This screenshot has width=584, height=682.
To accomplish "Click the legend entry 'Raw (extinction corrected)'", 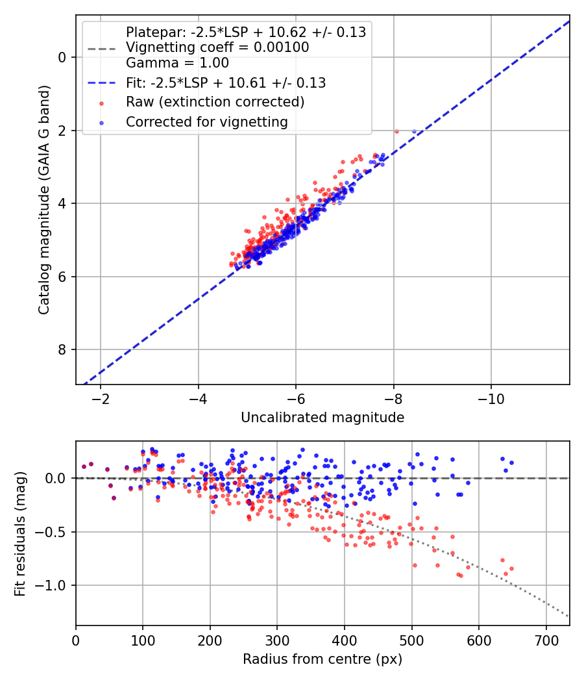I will tap(215, 102).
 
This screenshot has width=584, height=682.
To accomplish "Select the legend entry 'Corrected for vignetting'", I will tap(206, 121).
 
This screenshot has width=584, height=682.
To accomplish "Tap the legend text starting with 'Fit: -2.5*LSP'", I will tap(226, 83).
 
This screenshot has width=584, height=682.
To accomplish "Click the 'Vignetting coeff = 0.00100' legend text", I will tap(217, 47).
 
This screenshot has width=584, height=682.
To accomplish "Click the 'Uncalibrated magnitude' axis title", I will tap(322, 418).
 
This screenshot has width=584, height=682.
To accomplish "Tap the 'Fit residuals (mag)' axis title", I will tap(21, 533).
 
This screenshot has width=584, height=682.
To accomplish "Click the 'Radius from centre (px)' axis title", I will tap(322, 659).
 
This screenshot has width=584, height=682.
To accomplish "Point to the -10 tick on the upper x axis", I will tap(491, 398).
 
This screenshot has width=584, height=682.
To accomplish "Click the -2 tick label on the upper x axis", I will tap(101, 398).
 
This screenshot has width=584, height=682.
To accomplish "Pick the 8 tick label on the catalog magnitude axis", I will tap(62, 350).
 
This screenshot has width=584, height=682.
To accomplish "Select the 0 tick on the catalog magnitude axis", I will tap(62, 57).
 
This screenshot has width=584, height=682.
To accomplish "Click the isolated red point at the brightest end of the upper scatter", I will tap(396, 131).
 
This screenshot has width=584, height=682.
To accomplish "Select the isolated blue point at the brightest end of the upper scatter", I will tap(414, 131).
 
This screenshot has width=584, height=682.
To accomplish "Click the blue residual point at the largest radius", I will tap(511, 462).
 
